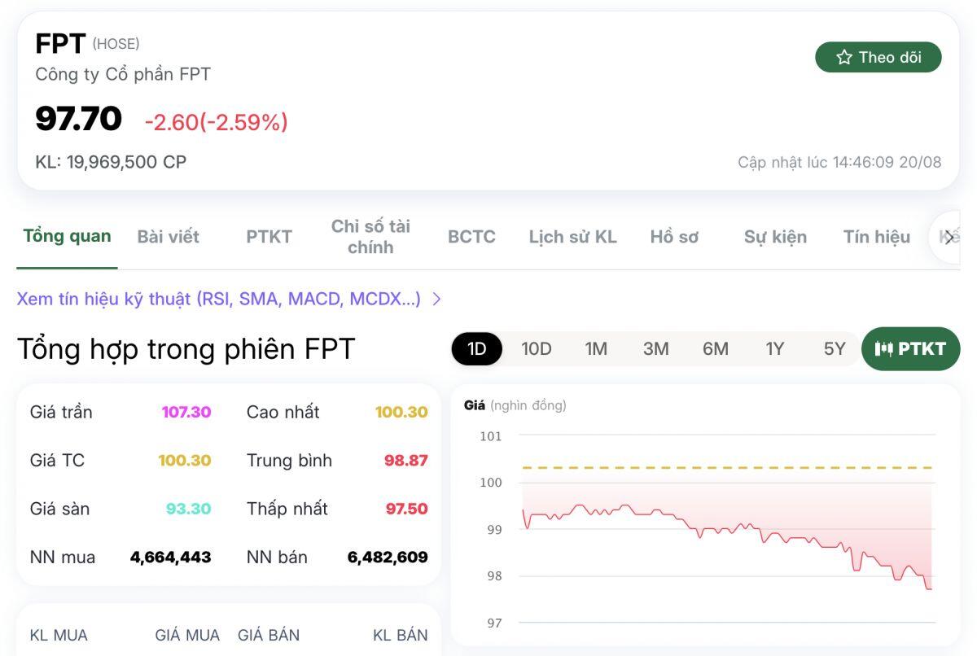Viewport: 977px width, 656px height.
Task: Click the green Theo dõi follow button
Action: pos(878,57)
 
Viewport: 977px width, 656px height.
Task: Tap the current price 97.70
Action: pos(78,119)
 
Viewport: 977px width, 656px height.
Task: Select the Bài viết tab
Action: pos(168,237)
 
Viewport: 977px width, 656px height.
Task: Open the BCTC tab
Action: pos(471,237)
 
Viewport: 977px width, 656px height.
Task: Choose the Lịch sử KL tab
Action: pos(572,237)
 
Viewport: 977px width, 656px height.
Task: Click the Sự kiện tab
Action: pos(775,237)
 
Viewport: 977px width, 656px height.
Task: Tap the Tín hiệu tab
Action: pos(876,237)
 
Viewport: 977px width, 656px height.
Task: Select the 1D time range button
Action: pos(476,349)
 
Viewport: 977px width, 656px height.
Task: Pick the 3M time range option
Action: pos(655,349)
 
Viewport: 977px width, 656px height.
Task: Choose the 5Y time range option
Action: pos(835,349)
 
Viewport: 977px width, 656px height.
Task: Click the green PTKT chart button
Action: pos(910,349)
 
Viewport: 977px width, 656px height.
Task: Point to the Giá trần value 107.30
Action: pos(186,412)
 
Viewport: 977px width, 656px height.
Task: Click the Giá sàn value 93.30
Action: pos(188,509)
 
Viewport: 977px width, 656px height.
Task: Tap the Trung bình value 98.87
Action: pos(405,461)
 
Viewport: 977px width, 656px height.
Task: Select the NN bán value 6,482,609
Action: pos(388,558)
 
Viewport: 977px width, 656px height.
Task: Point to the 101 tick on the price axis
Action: pos(491,436)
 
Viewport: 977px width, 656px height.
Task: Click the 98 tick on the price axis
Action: pos(493,576)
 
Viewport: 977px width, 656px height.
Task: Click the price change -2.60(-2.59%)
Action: pos(216,122)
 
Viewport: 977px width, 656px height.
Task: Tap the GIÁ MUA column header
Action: pos(187,636)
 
